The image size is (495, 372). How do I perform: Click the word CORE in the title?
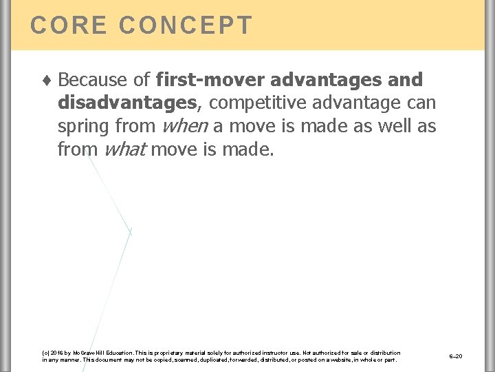tap(67, 25)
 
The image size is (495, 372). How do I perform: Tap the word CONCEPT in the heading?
tap(186, 25)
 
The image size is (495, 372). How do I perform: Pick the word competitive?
tap(259, 103)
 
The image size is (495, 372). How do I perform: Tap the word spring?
tap(85, 127)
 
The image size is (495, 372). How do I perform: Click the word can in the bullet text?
tap(421, 103)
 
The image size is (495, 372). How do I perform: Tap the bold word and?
tap(406, 80)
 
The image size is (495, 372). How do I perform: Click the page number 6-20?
tap(455, 355)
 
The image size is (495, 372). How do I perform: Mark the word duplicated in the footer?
tap(212, 360)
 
